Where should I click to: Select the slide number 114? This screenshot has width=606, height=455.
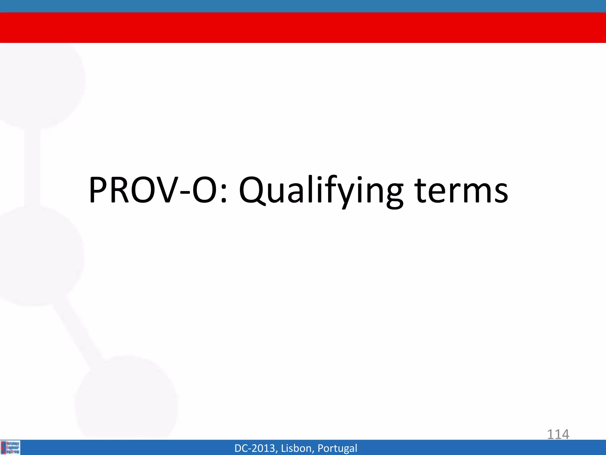click(x=558, y=435)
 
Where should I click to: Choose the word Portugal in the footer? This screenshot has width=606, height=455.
click(x=337, y=448)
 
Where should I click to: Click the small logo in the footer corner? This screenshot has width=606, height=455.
click(x=10, y=447)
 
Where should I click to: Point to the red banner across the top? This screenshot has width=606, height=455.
click(x=303, y=28)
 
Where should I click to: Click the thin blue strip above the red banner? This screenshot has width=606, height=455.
click(x=303, y=6)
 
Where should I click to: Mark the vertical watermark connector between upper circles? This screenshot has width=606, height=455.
click(x=32, y=167)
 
